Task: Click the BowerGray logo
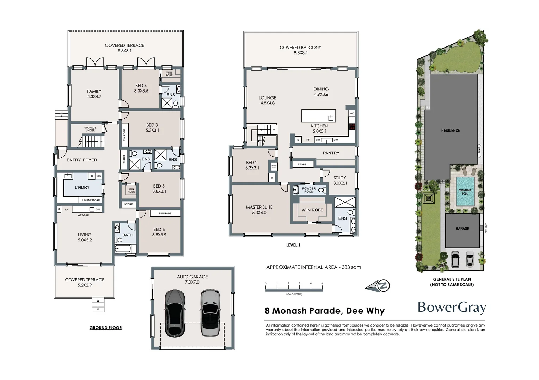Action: coord(452,308)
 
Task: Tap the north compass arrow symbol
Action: coord(378,286)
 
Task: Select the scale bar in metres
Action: coord(294,289)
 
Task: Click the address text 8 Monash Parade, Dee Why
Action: coord(324,311)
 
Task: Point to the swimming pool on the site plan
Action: coord(465,192)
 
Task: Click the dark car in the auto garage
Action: coord(174,313)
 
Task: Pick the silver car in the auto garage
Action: coord(210,313)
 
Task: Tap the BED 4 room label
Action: coord(141,88)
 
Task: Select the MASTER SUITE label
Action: coord(259,210)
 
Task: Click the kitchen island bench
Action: coord(318,116)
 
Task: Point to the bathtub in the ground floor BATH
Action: coord(123,249)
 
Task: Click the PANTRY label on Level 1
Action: coord(331,153)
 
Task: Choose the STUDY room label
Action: coord(340,180)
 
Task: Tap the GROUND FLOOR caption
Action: coord(105,328)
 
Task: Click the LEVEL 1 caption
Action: coord(293,245)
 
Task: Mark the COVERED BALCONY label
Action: coord(300,50)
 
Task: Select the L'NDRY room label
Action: coord(82,188)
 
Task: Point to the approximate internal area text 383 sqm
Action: coord(313,267)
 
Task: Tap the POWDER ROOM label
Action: coord(309,190)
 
